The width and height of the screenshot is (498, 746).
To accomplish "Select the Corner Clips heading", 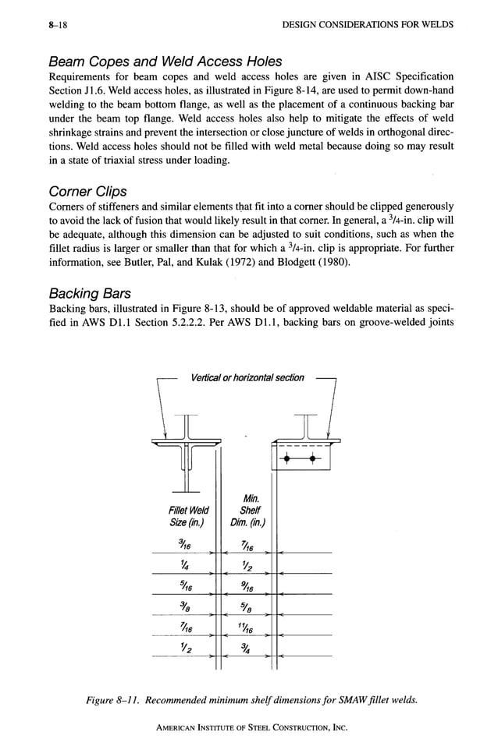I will [x=87, y=190].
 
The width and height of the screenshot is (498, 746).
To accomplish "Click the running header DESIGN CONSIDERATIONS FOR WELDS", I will [x=367, y=25].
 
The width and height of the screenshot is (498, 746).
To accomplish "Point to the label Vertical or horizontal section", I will [x=247, y=378].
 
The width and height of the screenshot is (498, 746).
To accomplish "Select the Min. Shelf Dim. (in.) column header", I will [x=251, y=510].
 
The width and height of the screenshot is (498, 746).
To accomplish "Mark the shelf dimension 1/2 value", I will [x=251, y=565].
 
